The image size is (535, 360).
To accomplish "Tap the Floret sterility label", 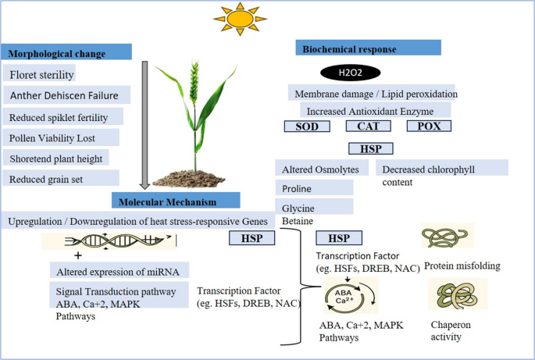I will pyautogui.click(x=41, y=75).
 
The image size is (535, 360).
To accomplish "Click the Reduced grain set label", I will pyautogui.click(x=47, y=180).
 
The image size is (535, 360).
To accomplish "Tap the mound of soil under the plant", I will pyautogui.click(x=195, y=176).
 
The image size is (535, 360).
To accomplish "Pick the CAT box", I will pyautogui.click(x=366, y=127).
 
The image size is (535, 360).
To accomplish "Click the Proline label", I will pyautogui.click(x=294, y=188).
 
